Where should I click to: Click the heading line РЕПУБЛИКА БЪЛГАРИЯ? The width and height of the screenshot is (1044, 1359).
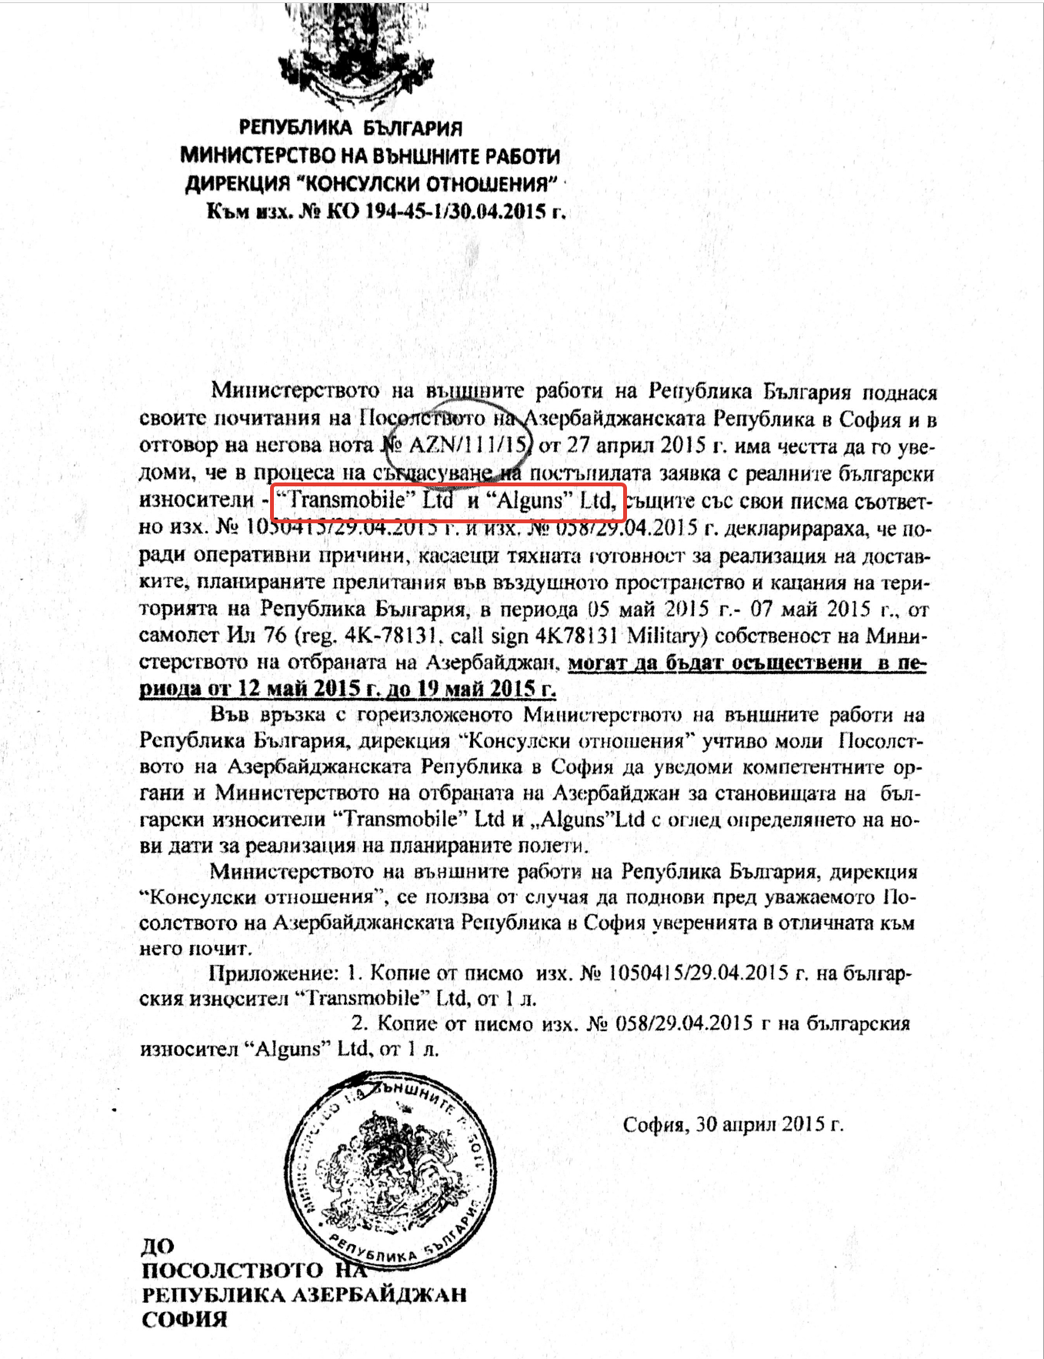pos(350,127)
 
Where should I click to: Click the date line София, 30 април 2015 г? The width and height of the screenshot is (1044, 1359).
pos(732,1124)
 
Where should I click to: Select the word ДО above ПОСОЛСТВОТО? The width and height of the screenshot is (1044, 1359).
pos(158,1245)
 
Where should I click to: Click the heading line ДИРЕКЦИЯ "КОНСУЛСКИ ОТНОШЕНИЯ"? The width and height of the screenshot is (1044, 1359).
pos(371,183)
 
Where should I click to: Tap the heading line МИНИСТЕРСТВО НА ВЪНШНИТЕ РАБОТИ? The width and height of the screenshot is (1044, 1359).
pos(370,155)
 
